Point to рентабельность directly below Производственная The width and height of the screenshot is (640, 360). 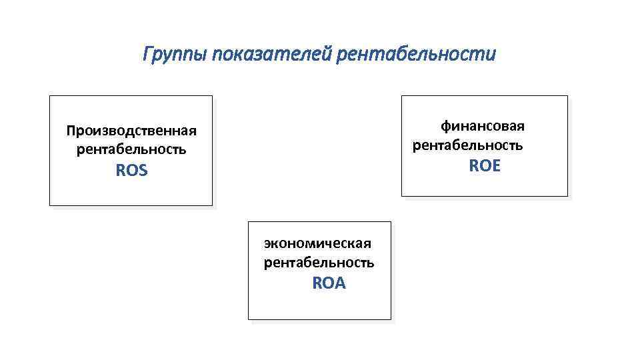pos(131,149)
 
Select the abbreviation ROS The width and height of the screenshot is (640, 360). pos(131,171)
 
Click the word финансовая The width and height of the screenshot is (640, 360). pos(483,126)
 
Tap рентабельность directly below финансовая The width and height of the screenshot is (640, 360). pos(468,145)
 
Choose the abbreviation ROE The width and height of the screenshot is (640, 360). pos(485,166)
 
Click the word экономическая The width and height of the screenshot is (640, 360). pos(317,243)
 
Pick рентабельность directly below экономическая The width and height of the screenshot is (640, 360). pos(319,263)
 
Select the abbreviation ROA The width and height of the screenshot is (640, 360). pos(329,283)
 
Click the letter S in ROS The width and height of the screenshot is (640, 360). pos(143,171)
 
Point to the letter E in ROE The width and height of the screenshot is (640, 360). pos(495,166)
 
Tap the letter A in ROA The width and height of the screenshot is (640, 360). pos(341,283)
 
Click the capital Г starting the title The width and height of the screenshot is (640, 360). pos(147,53)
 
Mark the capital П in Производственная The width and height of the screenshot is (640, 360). pos(70,131)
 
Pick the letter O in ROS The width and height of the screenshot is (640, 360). pos(131,171)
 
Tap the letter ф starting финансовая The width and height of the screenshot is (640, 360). pos(445,126)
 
